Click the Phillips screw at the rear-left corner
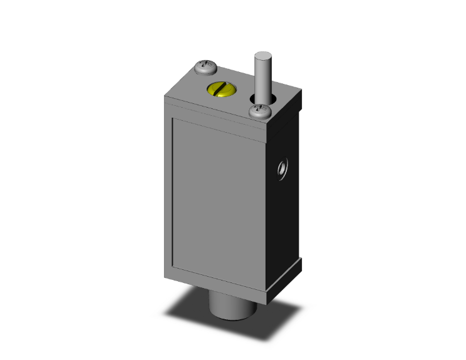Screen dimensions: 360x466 (205, 65)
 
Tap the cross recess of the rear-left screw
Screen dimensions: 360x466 (205, 64)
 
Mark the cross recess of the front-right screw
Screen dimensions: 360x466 (259, 110)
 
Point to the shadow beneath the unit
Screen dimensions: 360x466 (188, 316)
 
